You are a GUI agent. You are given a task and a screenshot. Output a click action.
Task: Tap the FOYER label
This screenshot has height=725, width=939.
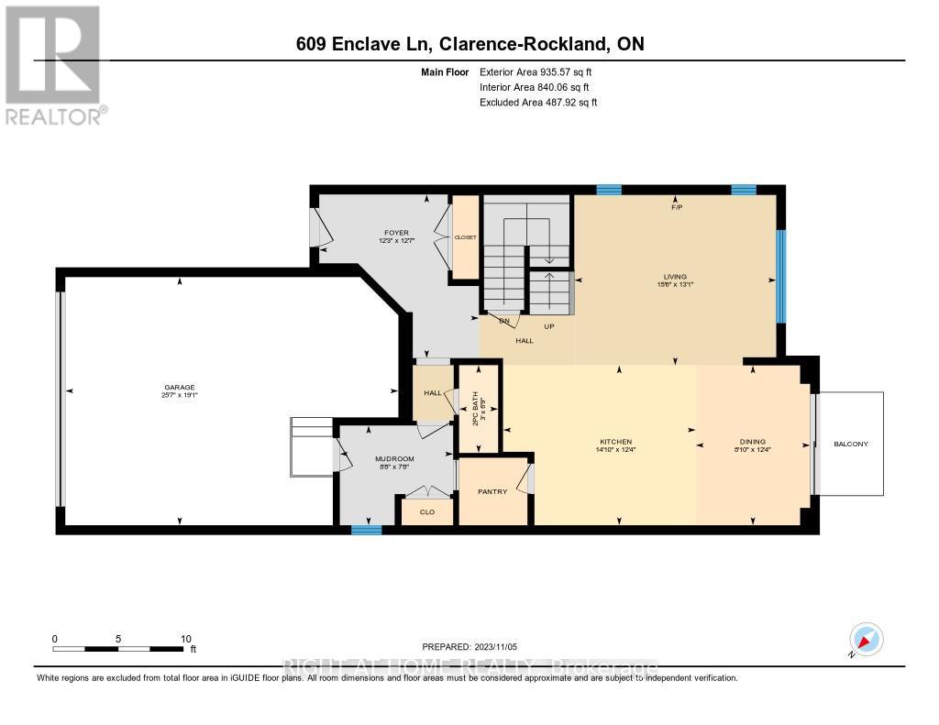[396, 233]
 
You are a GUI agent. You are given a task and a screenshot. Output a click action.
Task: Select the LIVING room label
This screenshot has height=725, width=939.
[676, 276]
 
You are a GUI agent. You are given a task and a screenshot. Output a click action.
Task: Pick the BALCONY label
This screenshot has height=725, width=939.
[850, 444]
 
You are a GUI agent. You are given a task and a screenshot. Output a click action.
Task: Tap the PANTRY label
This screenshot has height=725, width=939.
[492, 491]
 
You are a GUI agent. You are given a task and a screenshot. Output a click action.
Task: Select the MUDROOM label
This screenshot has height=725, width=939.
[395, 458]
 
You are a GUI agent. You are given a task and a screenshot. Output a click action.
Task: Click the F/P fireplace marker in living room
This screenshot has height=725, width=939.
[676, 207]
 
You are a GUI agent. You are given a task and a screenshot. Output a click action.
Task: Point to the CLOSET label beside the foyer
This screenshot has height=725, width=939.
[466, 236]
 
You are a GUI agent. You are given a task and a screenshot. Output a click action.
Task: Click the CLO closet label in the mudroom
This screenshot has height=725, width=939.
[426, 513]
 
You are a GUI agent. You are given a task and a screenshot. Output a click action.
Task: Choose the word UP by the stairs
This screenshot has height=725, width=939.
[550, 326]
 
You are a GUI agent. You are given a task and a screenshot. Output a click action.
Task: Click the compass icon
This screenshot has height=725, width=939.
[865, 639]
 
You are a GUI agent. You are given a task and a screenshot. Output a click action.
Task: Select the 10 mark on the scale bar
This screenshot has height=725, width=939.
[185, 639]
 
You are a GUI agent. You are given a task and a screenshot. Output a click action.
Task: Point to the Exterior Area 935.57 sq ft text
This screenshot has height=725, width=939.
[542, 71]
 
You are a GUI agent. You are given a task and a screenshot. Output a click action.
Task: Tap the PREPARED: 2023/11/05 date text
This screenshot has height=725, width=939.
[469, 646]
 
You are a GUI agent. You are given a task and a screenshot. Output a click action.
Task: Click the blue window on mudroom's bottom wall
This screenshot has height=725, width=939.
[366, 530]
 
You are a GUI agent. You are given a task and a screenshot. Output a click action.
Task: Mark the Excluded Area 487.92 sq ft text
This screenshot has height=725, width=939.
[538, 103]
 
